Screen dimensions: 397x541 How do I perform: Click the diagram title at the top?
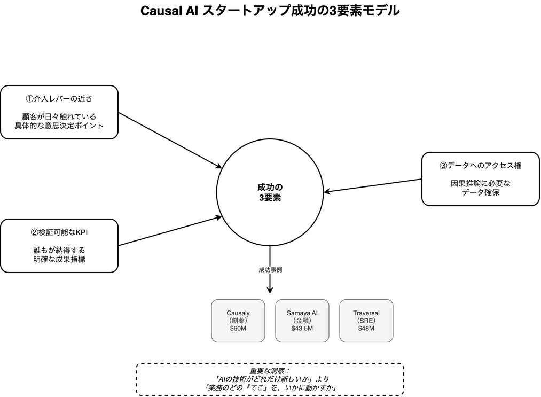pyautogui.click(x=270, y=11)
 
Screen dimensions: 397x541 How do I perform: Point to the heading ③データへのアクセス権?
pyautogui.click(x=480, y=166)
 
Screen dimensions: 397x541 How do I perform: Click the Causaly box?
pyautogui.click(x=238, y=321)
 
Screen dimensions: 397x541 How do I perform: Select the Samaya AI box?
pyautogui.click(x=302, y=321)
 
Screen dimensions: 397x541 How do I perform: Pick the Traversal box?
pyautogui.click(x=366, y=321)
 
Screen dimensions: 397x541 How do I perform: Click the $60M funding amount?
pyautogui.click(x=238, y=328)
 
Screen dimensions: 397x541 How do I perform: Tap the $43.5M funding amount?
pyautogui.click(x=302, y=328)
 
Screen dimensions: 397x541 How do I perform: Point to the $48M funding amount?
pyautogui.click(x=366, y=328)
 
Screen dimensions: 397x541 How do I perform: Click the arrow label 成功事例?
pyautogui.click(x=270, y=270)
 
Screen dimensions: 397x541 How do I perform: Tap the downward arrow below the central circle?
pyautogui.click(x=270, y=283)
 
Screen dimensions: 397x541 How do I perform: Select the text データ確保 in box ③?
pyautogui.click(x=480, y=192)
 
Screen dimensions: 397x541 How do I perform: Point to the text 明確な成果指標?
pyautogui.click(x=59, y=259)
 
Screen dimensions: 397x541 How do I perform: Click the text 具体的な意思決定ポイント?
pyautogui.click(x=59, y=126)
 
